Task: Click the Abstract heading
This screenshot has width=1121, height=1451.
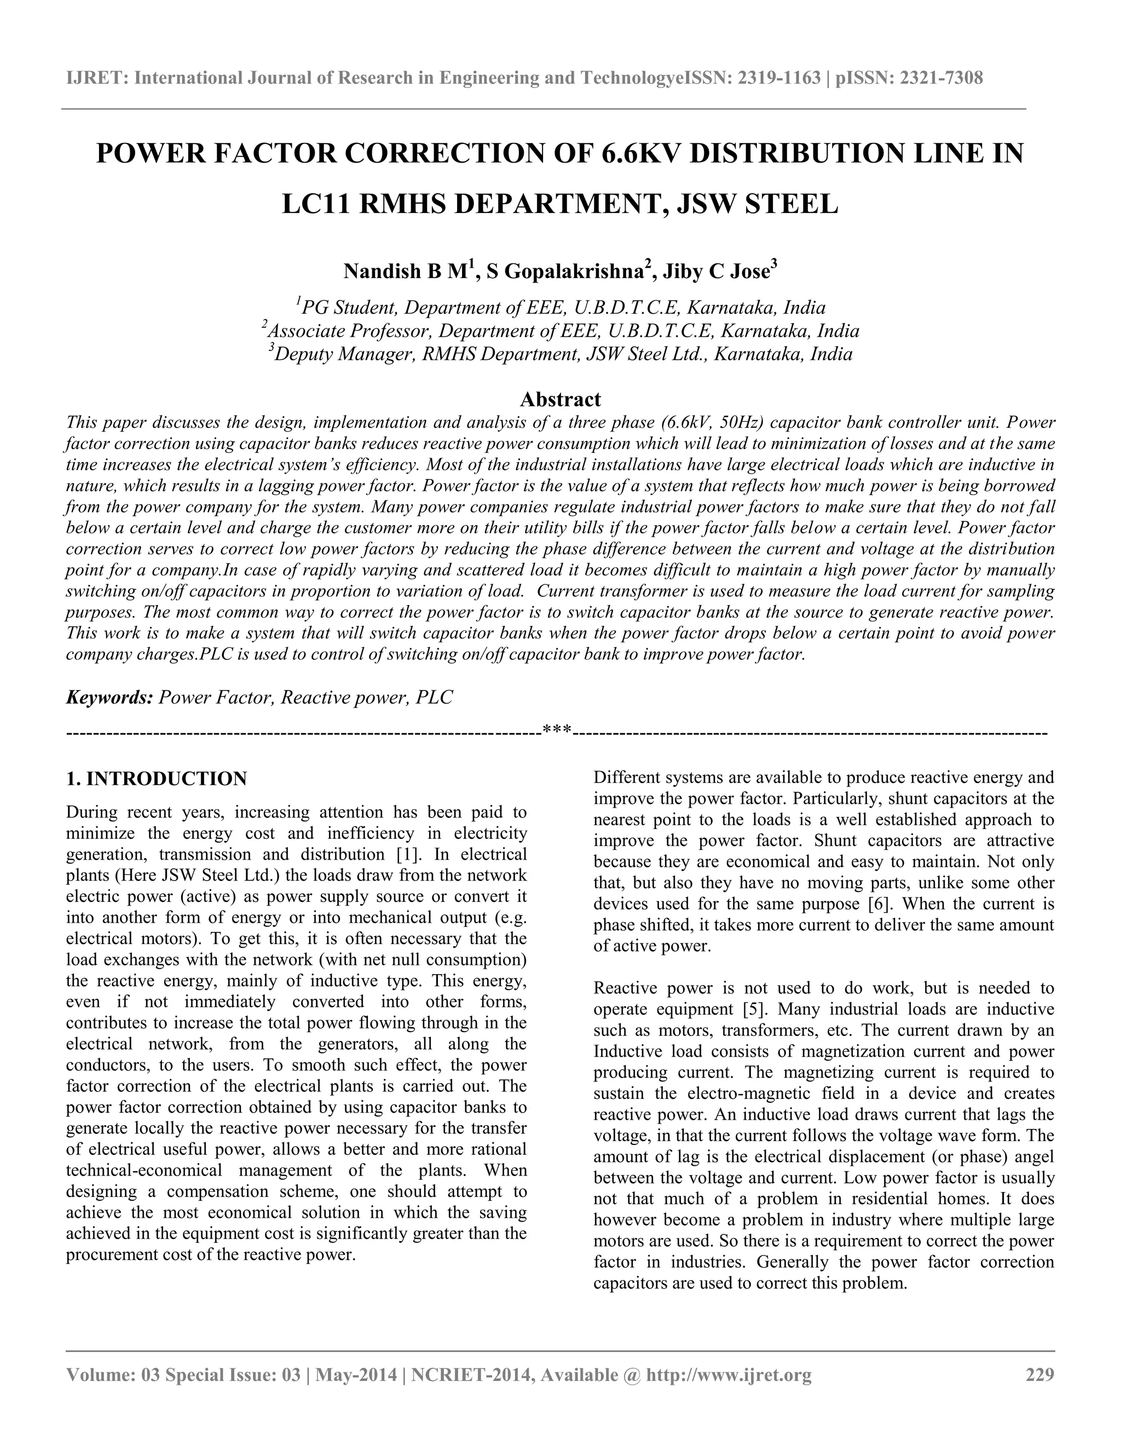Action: (x=560, y=399)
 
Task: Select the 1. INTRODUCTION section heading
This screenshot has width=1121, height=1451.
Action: (x=157, y=779)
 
